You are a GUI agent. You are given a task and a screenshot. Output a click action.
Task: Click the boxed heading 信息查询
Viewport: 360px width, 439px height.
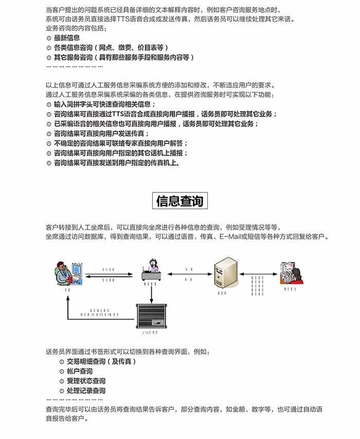click(x=180, y=201)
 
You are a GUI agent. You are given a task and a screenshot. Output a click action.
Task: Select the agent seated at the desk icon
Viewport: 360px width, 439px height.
click(x=152, y=270)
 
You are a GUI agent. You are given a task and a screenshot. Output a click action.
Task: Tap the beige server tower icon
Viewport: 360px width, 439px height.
click(x=225, y=273)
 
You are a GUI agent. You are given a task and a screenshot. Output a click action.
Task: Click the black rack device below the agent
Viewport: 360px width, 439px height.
click(x=152, y=316)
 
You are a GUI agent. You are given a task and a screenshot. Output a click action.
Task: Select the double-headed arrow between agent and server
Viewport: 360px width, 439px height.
click(x=189, y=275)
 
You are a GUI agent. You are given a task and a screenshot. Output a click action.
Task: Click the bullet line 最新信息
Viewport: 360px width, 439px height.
click(x=66, y=38)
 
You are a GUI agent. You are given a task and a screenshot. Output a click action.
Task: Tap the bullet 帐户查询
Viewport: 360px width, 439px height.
click(x=79, y=372)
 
